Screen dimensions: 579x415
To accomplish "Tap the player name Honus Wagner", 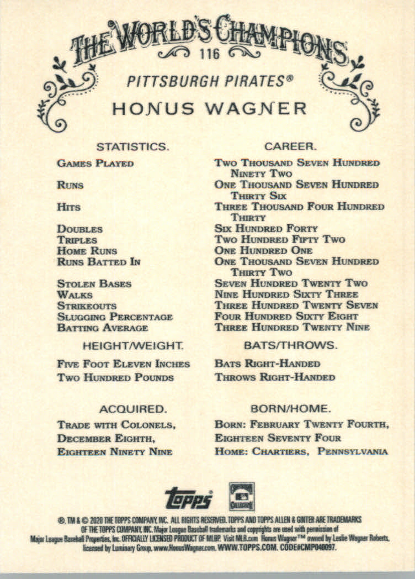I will click(209, 108).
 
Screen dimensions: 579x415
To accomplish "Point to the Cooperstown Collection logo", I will click(242, 496).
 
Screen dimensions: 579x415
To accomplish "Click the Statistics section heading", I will click(132, 147).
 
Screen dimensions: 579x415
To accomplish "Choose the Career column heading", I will click(290, 147).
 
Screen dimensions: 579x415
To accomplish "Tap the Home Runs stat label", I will click(87, 251).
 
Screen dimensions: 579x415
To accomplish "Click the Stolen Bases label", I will click(94, 284).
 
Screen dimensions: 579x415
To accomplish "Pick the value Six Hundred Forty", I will click(266, 229).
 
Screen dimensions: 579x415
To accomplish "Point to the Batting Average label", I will click(103, 328).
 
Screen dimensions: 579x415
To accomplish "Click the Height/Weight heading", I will click(133, 346).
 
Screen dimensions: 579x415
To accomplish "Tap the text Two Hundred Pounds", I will click(115, 378).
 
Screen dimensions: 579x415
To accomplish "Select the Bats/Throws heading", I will click(290, 346).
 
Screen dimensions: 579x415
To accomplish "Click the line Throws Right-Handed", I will click(275, 378).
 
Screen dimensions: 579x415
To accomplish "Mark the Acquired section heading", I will click(132, 409).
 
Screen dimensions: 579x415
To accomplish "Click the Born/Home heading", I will click(290, 409).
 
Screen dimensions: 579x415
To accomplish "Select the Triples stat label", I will click(77, 240).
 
